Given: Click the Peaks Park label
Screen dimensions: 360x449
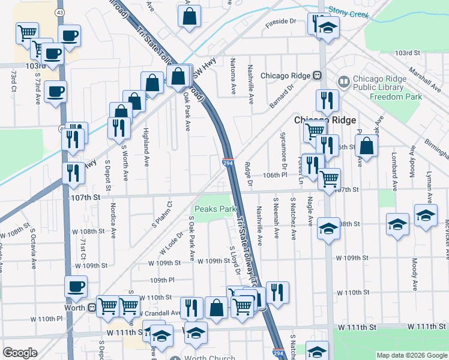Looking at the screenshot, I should pyautogui.click(x=214, y=209).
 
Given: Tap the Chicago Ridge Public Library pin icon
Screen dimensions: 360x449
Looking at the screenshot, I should pyautogui.click(x=343, y=80).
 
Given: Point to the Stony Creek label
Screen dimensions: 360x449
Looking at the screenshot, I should pyautogui.click(x=348, y=11).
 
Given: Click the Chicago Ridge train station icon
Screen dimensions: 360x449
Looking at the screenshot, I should pyautogui.click(x=317, y=76).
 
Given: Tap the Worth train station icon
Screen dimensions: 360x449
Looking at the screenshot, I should pyautogui.click(x=92, y=307).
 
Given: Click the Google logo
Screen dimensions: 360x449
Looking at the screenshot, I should pyautogui.click(x=20, y=353).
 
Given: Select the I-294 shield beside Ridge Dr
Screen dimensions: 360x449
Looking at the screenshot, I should pyautogui.click(x=228, y=163).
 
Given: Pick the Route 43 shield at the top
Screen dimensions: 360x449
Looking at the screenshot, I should pyautogui.click(x=59, y=11).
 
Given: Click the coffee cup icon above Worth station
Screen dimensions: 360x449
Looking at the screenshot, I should pyautogui.click(x=76, y=286).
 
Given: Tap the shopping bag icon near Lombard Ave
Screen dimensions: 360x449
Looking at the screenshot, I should pyautogui.click(x=366, y=145).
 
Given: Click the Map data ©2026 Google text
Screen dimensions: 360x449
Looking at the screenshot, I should pyautogui.click(x=412, y=355).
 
